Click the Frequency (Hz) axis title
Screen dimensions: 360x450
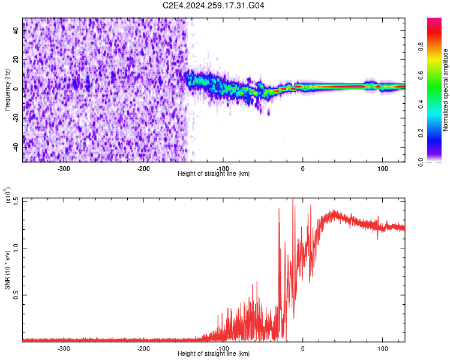[x=8, y=90]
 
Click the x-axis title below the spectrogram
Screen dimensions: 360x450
[x=214, y=173]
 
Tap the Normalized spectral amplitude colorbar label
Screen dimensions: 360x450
[x=446, y=90]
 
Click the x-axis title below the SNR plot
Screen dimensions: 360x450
[x=214, y=354]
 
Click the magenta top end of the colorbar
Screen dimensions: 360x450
[x=434, y=21]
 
